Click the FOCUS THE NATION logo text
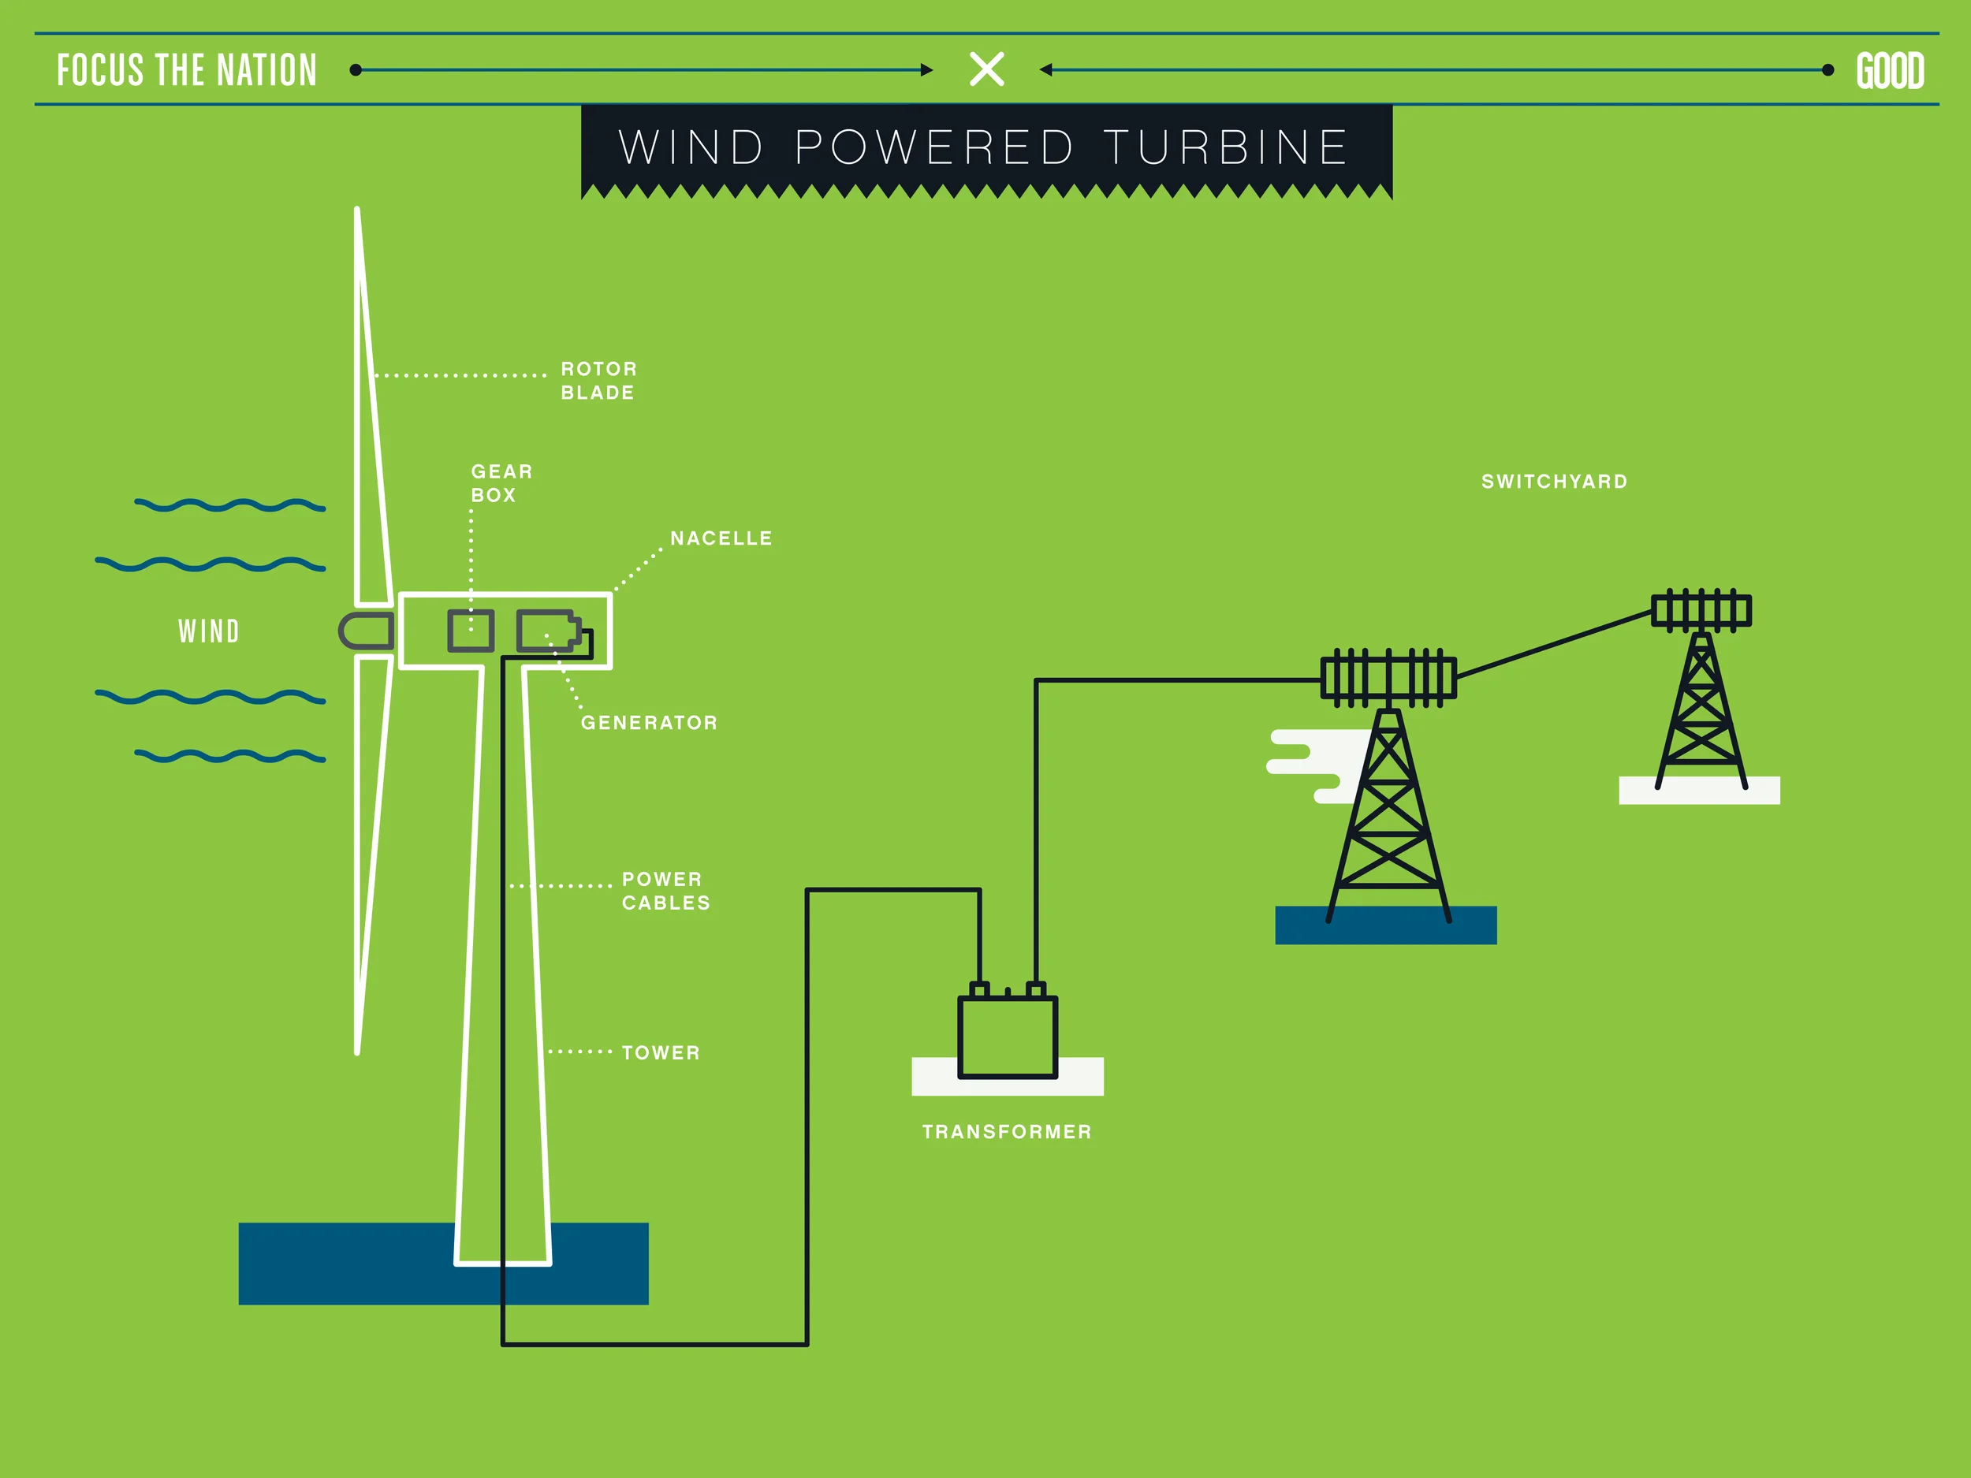click(187, 70)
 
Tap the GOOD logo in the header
click(1889, 71)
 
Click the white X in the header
click(986, 69)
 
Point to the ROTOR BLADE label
click(598, 381)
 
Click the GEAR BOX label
click(501, 483)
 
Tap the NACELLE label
click(721, 538)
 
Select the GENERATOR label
click(649, 723)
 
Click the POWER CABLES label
click(665, 891)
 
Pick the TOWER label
click(660, 1053)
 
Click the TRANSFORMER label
click(1007, 1131)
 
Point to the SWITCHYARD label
click(1554, 482)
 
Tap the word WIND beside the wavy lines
click(208, 631)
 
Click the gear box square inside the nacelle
click(471, 631)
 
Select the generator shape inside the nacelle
click(546, 631)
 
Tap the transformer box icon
click(1007, 1035)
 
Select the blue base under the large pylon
click(1385, 926)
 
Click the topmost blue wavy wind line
click(230, 505)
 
